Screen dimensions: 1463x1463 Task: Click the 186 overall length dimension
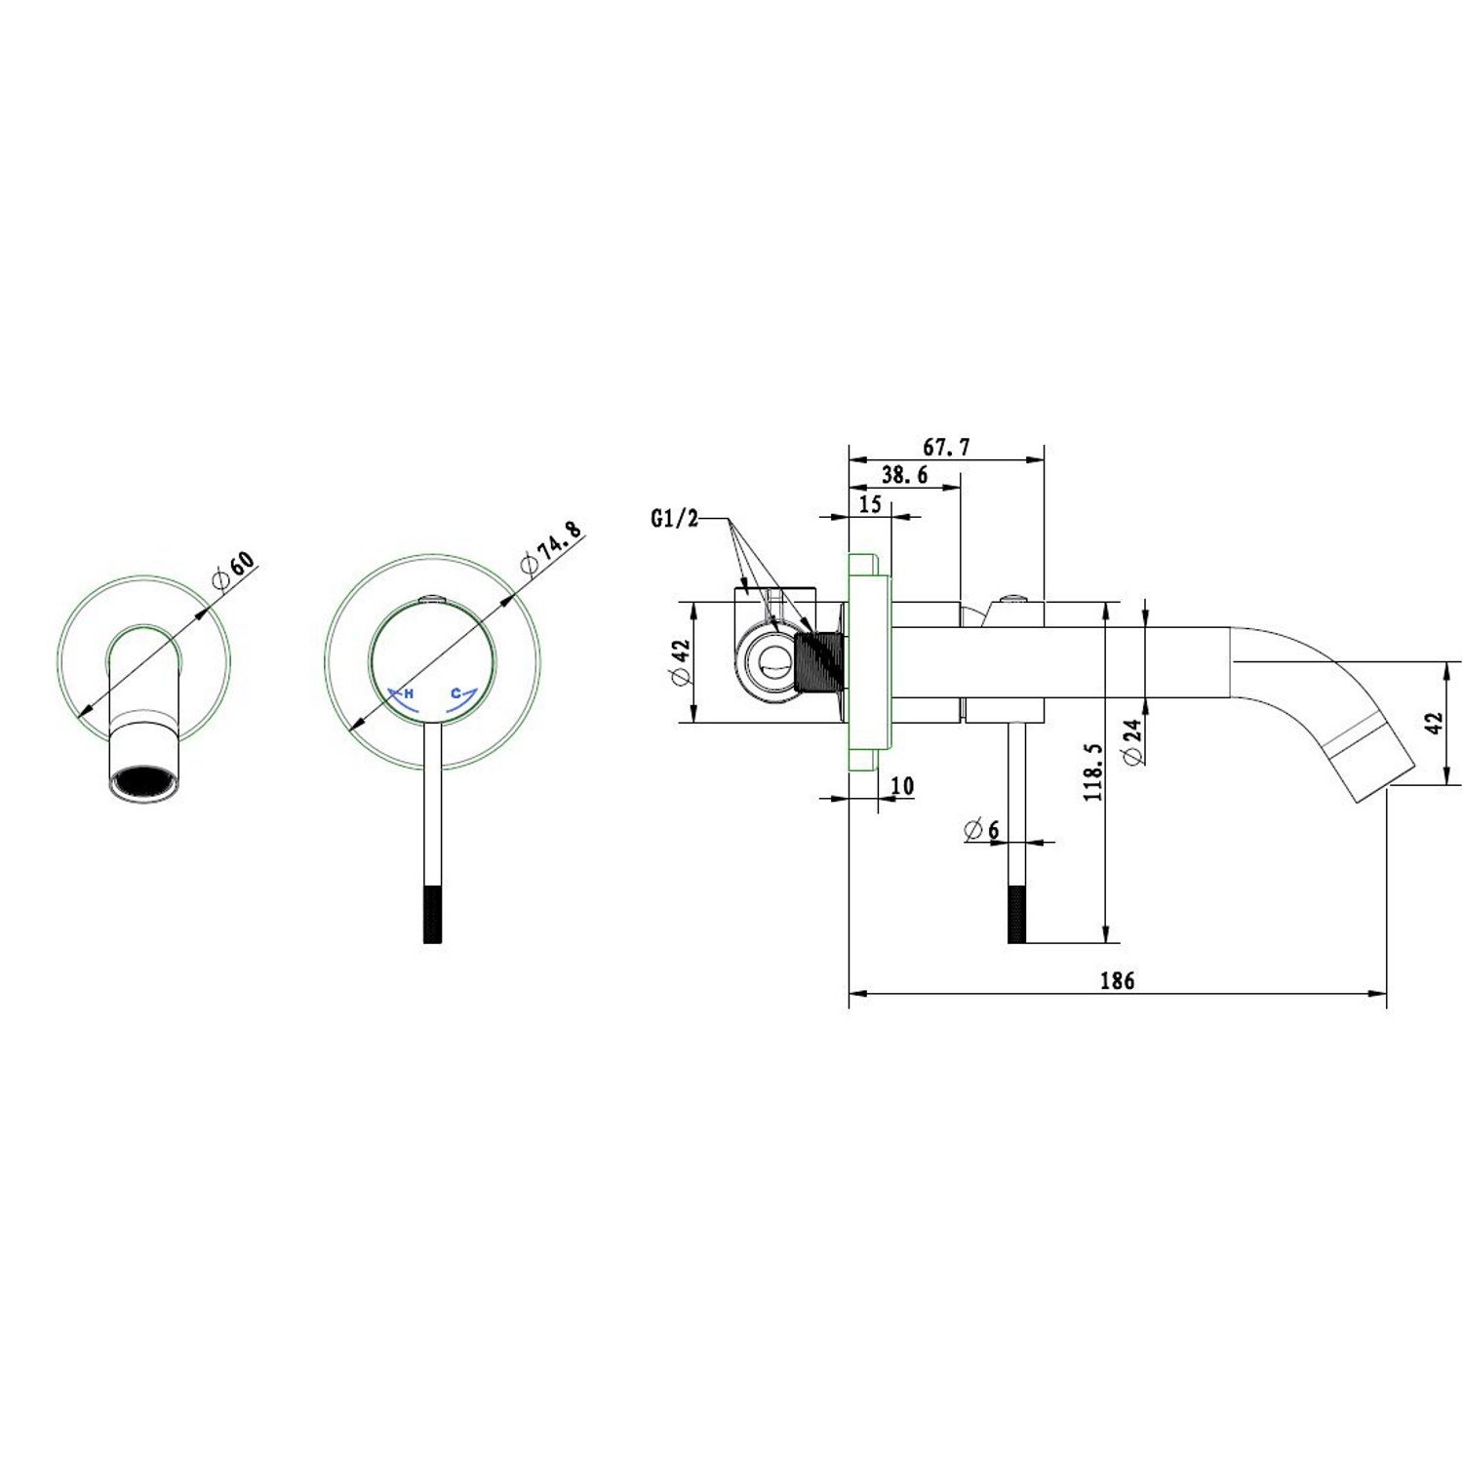coord(1117,980)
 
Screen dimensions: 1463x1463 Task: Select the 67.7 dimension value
coord(946,448)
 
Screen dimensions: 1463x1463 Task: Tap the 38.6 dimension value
coord(905,476)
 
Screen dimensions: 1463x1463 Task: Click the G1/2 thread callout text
coord(675,519)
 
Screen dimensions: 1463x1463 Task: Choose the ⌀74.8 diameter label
coord(552,550)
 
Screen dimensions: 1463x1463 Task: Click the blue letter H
coord(409,693)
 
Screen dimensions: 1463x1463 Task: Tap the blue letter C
coord(455,693)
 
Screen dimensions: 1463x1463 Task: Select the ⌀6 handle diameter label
coord(981,830)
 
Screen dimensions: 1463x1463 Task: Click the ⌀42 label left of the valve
coord(680,663)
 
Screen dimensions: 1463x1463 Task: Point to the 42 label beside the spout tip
coord(1434,724)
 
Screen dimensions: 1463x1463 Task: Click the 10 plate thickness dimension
coord(902,786)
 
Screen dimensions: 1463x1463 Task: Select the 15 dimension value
coord(870,504)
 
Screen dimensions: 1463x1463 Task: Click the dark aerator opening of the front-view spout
coord(143,783)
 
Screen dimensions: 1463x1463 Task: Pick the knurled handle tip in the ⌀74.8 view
coord(435,914)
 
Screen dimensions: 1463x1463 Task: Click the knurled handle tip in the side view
coord(1015,914)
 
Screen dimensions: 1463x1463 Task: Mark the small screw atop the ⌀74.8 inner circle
coord(429,600)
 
